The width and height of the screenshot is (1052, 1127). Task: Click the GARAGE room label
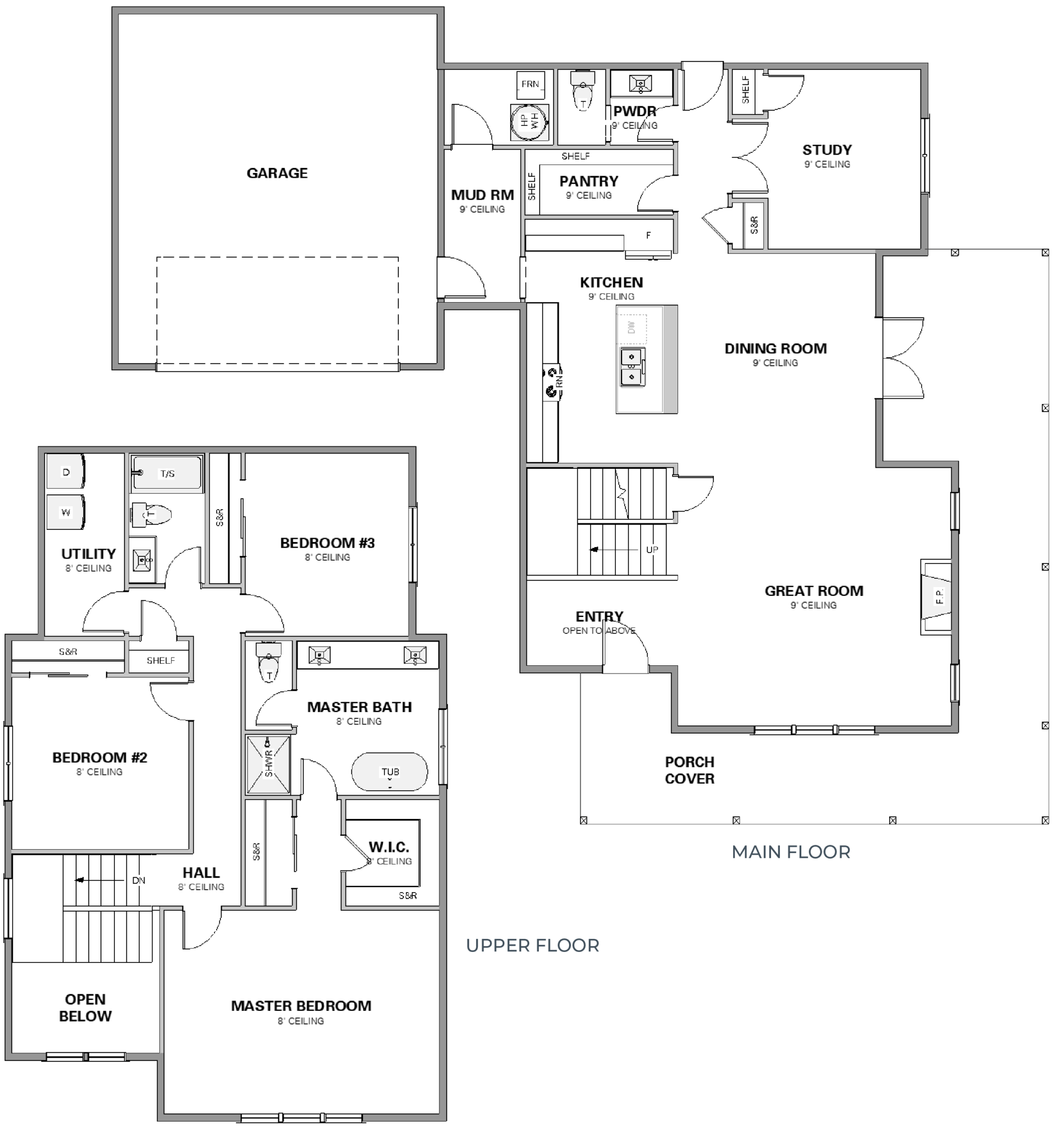click(x=277, y=173)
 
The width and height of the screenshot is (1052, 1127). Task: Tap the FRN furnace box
click(x=530, y=84)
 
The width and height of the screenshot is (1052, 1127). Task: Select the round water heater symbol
click(x=530, y=121)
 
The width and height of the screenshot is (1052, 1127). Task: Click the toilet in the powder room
click(x=582, y=92)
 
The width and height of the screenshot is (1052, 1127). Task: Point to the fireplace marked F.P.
click(x=937, y=597)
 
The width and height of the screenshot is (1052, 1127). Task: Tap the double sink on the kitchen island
click(x=632, y=367)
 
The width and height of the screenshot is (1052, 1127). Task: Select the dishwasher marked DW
click(x=632, y=327)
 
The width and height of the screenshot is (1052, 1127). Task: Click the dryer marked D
click(x=65, y=472)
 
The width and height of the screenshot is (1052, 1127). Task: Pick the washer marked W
click(x=65, y=512)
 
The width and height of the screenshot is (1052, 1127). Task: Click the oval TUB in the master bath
click(x=390, y=772)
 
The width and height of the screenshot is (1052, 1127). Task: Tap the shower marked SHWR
click(x=268, y=764)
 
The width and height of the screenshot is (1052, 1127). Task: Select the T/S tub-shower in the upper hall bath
click(x=167, y=473)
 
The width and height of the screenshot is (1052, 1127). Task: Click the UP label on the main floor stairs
click(x=652, y=549)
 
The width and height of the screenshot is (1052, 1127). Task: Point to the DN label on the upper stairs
click(x=139, y=880)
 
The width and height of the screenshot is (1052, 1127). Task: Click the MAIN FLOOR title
click(x=791, y=852)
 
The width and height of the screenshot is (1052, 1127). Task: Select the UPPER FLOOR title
click(x=532, y=945)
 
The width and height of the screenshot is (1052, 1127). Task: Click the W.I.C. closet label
click(x=389, y=847)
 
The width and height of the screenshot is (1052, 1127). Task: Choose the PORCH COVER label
click(x=690, y=770)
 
